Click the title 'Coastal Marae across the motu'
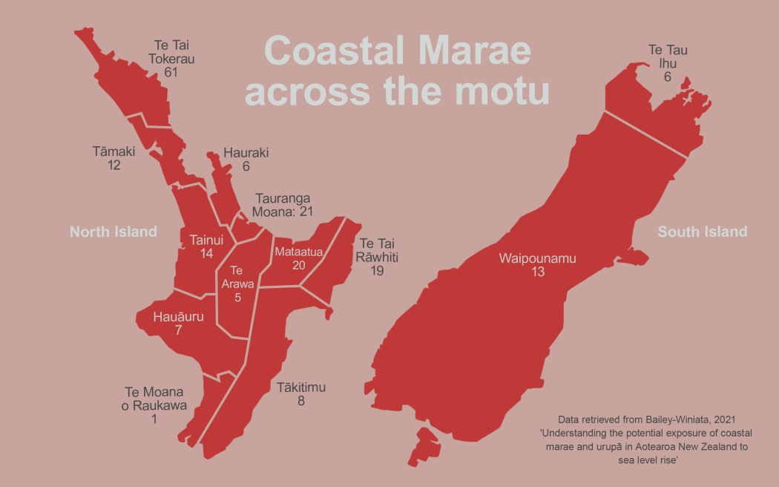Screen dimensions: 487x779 [398, 71]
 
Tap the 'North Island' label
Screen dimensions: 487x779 [114, 232]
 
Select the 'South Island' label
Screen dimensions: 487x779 [702, 232]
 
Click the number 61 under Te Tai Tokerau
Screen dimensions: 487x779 [171, 73]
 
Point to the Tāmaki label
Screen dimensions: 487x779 [114, 151]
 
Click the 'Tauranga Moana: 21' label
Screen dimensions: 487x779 [284, 205]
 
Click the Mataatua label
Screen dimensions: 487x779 [299, 252]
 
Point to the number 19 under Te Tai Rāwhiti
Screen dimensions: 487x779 [377, 271]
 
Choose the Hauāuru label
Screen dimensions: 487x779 [178, 317]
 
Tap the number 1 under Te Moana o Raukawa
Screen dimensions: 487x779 [154, 419]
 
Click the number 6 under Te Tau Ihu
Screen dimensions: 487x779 [668, 76]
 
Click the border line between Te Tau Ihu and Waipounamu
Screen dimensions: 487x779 [645, 134]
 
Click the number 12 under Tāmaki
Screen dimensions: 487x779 [114, 165]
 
